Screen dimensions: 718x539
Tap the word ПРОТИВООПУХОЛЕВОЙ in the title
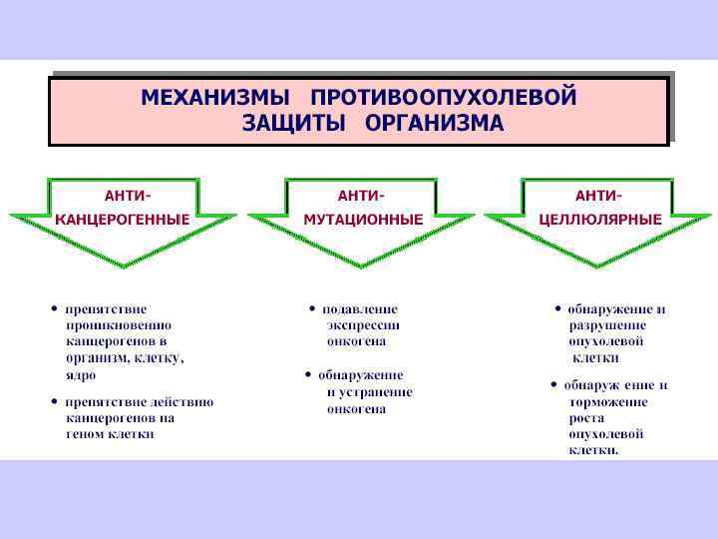click(x=444, y=98)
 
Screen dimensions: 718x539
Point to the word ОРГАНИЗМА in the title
click(x=434, y=123)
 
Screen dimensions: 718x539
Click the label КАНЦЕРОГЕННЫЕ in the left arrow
click(x=123, y=219)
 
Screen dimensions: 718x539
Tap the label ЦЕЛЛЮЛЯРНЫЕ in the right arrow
click(x=600, y=219)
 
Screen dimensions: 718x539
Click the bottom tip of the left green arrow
click(x=123, y=266)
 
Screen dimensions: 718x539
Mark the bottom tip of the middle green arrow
click(x=360, y=266)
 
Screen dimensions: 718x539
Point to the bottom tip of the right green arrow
click(x=597, y=266)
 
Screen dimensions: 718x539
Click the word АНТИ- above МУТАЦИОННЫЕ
click(x=361, y=195)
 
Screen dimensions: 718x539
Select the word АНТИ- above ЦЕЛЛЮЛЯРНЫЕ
click(x=598, y=195)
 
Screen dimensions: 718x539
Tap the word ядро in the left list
click(x=81, y=375)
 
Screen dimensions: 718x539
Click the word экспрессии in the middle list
click(x=363, y=325)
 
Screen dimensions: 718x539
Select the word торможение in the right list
click(x=608, y=402)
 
